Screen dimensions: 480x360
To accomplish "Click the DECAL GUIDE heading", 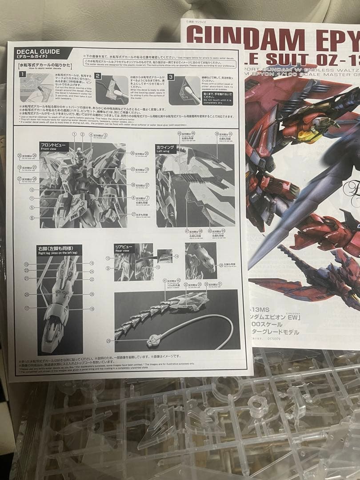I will pyautogui.click(x=39, y=52).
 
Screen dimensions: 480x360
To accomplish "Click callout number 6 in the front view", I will pyautogui.click(x=32, y=218).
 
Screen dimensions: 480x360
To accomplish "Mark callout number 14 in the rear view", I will pyautogui.click(x=176, y=256).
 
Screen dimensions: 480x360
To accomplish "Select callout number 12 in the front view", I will pyautogui.click(x=32, y=189).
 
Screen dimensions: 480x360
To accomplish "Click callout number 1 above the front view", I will pyautogui.click(x=74, y=134).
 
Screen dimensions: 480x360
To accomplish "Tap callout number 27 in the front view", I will pyautogui.click(x=133, y=214).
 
